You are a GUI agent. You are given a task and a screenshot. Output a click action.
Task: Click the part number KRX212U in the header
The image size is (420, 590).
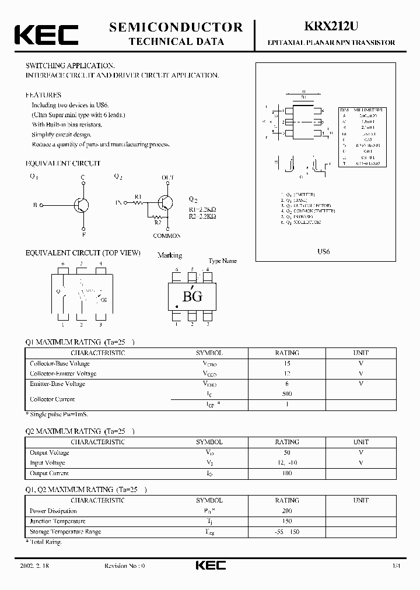[x=331, y=27]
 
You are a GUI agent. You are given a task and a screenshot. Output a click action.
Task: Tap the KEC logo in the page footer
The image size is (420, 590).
[x=210, y=565]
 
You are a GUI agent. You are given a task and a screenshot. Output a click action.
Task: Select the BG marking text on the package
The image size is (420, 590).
[x=192, y=296]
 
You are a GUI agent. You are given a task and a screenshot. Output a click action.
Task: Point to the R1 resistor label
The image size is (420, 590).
[x=138, y=196]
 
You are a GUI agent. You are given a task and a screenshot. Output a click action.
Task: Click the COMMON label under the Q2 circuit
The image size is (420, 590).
[x=167, y=236]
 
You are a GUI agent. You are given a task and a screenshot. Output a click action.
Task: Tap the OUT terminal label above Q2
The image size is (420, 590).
[x=168, y=177]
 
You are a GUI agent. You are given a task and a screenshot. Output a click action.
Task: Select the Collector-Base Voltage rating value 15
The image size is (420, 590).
[x=286, y=363]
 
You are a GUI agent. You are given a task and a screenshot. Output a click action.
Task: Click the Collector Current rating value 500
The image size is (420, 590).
[x=286, y=394]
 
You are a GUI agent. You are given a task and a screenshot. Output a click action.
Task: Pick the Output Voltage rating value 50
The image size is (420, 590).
[x=286, y=452]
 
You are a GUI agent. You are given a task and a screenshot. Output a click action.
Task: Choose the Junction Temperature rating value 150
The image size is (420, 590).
[x=286, y=521]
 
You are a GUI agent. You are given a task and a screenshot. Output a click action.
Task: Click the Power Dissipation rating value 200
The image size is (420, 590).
[x=286, y=511]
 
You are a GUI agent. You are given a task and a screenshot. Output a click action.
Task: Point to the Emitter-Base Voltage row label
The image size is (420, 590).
[x=57, y=384]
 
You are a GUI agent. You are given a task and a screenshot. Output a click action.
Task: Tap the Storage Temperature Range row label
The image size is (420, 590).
[x=65, y=532]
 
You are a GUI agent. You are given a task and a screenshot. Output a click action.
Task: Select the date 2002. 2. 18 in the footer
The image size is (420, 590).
[x=37, y=566]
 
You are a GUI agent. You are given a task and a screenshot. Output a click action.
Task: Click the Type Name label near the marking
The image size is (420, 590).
[x=223, y=261]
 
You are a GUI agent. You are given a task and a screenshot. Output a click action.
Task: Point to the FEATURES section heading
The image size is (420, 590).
[x=43, y=94]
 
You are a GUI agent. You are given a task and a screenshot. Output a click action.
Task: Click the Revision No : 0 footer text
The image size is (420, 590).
[x=124, y=566]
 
